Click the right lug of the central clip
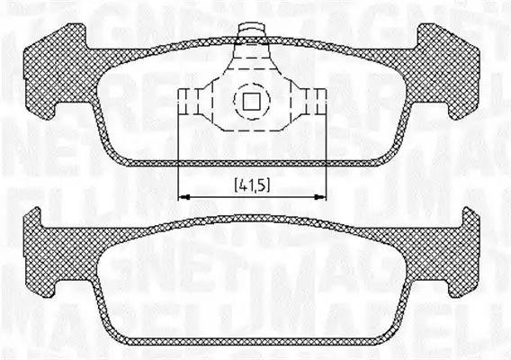point(316,99)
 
